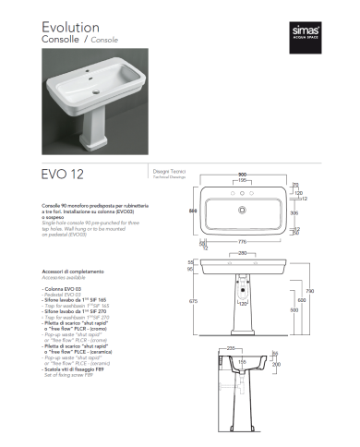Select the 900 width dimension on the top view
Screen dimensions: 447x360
pyautogui.click(x=245, y=173)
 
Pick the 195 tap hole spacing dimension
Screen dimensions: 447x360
pyautogui.click(x=245, y=180)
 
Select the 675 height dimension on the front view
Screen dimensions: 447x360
pyautogui.click(x=191, y=301)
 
